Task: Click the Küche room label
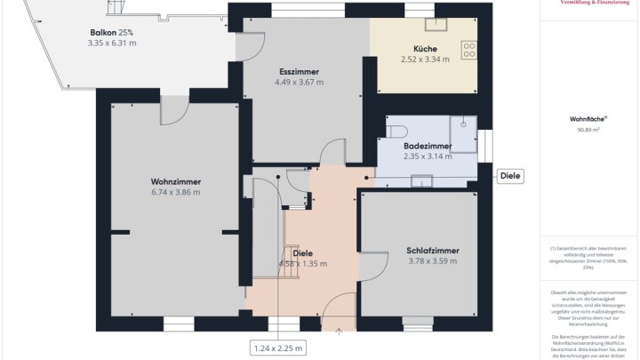coord(425,48)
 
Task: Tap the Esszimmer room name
coord(299,71)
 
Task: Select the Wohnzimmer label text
coord(175,180)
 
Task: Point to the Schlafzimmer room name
coord(432,250)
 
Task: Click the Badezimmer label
coord(428,146)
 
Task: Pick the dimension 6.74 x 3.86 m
coord(175,192)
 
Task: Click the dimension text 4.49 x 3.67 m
coord(299,83)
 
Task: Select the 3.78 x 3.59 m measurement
coord(432,261)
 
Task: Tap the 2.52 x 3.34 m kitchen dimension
coord(425,60)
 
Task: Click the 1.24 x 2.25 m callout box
coord(277,348)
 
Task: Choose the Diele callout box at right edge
coord(510,176)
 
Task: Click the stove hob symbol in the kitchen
coord(468,50)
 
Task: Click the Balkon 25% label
coord(112,31)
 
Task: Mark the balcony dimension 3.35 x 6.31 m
coord(112,43)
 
